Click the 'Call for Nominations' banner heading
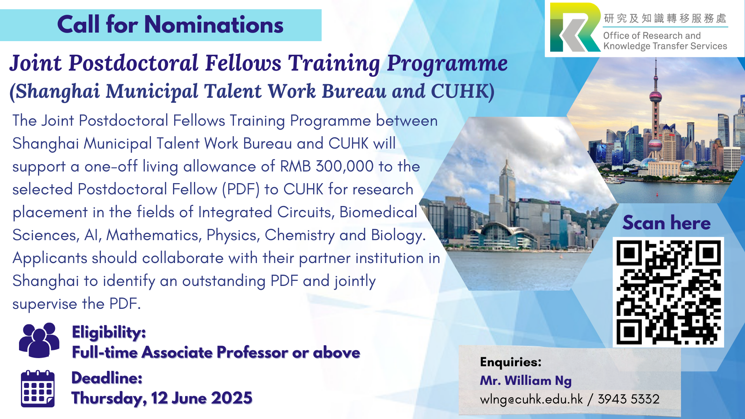coord(170,25)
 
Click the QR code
coord(668,292)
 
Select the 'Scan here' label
coord(666,223)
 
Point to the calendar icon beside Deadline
coord(38,389)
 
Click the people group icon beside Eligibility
coord(39,340)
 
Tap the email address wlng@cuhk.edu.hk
coord(531,399)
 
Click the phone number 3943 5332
coord(628,399)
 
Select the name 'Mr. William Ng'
coord(526,381)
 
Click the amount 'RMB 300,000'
coord(327,166)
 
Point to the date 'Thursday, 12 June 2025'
coord(162,398)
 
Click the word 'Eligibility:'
coord(109,332)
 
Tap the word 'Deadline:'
coord(107,378)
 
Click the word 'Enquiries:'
coord(511,362)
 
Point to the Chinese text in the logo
coord(665,18)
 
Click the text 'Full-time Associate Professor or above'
coord(216,353)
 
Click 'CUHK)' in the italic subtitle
coord(463,92)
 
